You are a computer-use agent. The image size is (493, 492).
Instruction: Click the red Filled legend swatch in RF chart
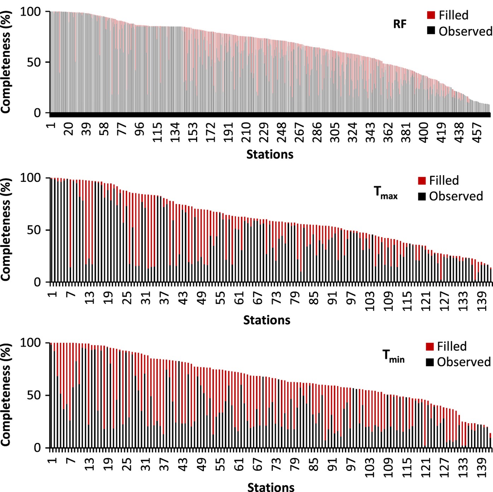(431, 15)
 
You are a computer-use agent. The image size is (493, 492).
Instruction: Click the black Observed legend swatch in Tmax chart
(422, 196)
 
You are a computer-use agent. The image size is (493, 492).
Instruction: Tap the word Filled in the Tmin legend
(452, 346)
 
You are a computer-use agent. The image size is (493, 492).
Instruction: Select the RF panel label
(400, 24)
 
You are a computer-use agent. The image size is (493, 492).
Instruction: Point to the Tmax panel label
(386, 193)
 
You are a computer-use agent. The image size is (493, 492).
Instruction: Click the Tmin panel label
(393, 356)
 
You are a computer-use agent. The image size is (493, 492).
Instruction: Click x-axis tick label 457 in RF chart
(477, 132)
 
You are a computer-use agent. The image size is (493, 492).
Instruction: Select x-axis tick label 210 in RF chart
(246, 132)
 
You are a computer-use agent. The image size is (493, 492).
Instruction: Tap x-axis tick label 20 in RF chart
(69, 129)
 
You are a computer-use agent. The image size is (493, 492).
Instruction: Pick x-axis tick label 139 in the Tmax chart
(482, 301)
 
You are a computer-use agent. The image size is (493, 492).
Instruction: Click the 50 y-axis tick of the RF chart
(34, 63)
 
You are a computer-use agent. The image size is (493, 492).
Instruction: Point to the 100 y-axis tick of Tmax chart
(30, 178)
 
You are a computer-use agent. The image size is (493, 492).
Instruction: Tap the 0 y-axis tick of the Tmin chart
(37, 448)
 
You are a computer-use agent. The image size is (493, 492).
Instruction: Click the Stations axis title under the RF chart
(270, 154)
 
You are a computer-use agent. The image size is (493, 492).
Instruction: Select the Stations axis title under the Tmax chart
(267, 320)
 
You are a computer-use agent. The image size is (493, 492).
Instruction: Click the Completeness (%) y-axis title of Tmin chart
(6, 395)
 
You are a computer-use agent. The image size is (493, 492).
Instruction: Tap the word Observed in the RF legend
(465, 31)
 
